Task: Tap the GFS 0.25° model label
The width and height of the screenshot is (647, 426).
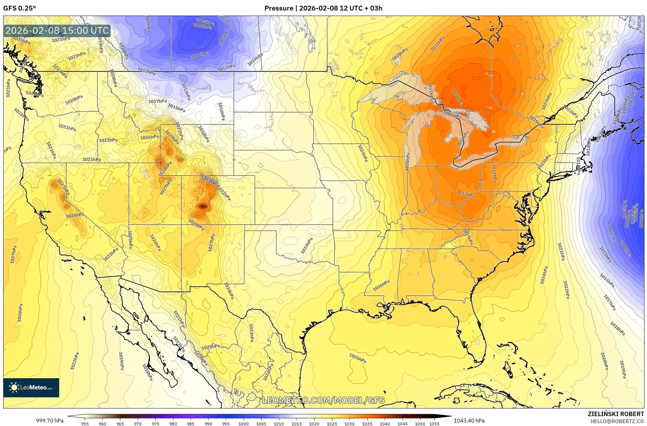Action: point(20,8)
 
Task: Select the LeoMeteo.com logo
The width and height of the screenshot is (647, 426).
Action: point(31,387)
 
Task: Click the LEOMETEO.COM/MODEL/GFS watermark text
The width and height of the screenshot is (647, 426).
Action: point(323,400)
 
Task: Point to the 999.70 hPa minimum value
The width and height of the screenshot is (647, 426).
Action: point(50,421)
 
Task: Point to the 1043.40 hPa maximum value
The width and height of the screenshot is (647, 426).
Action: point(469,421)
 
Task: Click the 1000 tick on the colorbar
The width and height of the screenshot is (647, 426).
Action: point(243,423)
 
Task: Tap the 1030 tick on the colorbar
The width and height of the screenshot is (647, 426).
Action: point(349,423)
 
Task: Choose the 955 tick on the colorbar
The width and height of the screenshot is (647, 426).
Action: point(85,423)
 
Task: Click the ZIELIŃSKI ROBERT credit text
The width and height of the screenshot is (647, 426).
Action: point(615,414)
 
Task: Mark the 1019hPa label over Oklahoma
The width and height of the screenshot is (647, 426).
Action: point(307,245)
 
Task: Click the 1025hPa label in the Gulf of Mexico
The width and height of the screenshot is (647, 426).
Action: point(357,358)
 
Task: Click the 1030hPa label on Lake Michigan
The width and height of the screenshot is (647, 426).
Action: point(407,162)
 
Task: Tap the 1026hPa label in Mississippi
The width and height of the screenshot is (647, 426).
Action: point(381,285)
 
